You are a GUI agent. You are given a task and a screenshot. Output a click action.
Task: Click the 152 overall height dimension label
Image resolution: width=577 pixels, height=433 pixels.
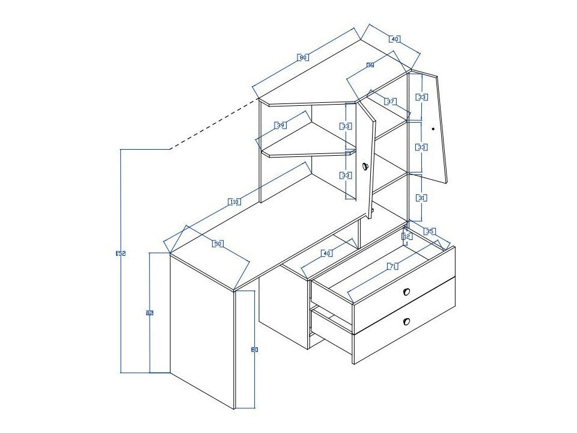pos(120,254)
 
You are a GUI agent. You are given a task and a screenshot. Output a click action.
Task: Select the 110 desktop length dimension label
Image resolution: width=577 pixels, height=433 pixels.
pos(234,202)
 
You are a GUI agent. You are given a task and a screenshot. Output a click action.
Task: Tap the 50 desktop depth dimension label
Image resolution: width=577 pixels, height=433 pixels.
pos(218,244)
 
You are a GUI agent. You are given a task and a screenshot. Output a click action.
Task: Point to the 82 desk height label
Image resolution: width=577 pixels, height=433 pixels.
pos(149,313)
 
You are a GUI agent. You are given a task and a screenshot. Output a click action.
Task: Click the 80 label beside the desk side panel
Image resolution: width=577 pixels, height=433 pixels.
pos(254,349)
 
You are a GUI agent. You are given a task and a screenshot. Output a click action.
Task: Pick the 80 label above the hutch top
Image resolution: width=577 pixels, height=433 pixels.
pos(304,58)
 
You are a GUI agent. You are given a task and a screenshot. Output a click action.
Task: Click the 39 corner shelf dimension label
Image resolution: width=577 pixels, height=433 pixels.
pos(281,125)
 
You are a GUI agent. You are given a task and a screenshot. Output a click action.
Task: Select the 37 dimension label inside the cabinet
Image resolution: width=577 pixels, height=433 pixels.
pos(391,102)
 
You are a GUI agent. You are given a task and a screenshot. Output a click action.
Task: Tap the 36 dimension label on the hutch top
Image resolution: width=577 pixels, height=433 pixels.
pos(370,65)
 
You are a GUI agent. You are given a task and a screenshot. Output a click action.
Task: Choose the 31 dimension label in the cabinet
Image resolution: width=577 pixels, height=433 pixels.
pos(422,198)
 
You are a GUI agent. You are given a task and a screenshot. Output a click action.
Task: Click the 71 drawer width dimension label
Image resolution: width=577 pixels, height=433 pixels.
pos(393,266)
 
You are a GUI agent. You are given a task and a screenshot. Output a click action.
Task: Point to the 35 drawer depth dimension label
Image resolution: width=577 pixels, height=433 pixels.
pos(429,231)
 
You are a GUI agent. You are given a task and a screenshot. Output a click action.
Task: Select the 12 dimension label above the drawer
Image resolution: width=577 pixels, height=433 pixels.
pos(407,237)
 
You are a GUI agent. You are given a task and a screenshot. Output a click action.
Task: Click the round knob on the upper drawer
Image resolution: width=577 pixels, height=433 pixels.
pos(406,292)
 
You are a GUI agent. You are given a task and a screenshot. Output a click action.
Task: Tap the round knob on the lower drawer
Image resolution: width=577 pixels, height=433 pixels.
pos(406,322)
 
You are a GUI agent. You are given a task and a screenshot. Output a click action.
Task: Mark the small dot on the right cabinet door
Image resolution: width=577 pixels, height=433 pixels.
pos(433,129)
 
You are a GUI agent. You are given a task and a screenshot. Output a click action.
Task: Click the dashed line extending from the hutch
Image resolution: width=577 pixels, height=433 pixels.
pos(213,123)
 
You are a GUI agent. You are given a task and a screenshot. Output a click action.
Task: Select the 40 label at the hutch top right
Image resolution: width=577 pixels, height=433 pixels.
pos(394,39)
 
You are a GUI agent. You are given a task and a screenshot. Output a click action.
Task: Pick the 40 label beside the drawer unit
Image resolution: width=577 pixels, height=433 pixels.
pos(327,253)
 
